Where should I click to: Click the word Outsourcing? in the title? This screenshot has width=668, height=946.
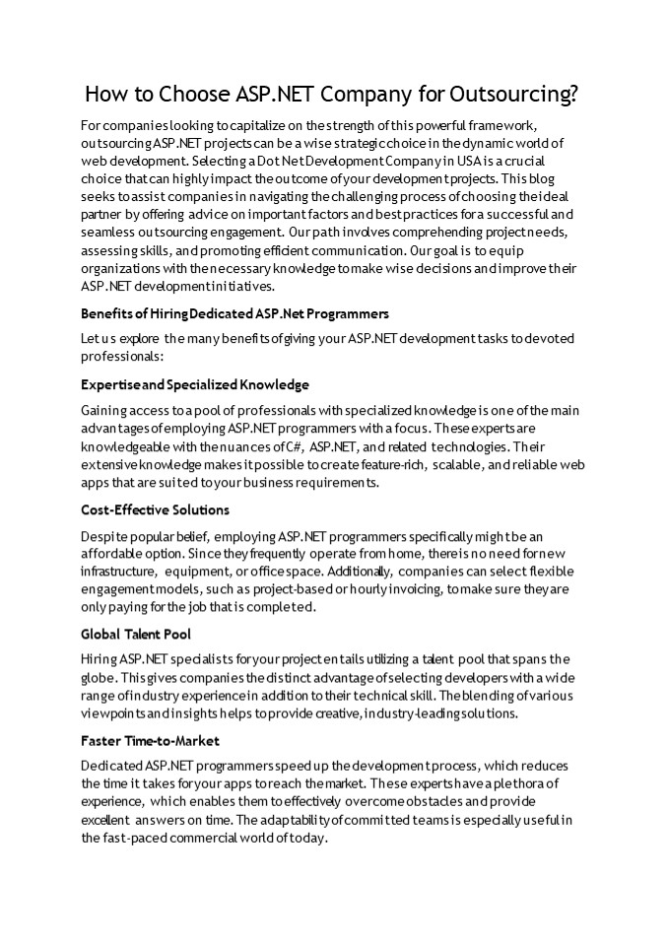coord(513,95)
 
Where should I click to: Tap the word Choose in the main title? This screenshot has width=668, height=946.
coord(175,95)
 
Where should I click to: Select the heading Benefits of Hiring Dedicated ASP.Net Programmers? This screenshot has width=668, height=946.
coord(234,313)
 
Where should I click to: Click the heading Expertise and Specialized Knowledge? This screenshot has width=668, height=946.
coord(195,384)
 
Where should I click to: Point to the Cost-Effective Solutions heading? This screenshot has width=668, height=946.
coord(155,509)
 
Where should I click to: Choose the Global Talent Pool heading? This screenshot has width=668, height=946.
coord(136,634)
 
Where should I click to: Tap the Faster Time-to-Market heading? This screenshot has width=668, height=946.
coord(150,740)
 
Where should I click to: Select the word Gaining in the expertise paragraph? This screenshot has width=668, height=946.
coord(105,410)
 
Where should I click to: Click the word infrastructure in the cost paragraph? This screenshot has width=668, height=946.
coord(118,572)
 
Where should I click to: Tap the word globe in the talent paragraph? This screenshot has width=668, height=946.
coord(99,678)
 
